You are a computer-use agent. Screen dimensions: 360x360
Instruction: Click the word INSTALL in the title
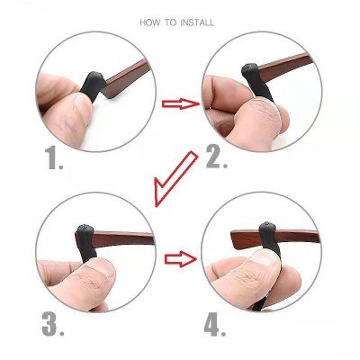tap(197, 22)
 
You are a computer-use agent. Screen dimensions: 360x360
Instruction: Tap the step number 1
tap(54, 159)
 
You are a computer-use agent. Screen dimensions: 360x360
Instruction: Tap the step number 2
tap(216, 158)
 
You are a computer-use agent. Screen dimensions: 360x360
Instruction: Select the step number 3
tap(53, 324)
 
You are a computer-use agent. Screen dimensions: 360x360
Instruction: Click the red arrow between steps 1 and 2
tap(181, 103)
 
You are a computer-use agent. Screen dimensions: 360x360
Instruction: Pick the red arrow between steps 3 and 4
tap(181, 259)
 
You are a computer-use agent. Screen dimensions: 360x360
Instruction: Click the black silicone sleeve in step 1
tap(93, 85)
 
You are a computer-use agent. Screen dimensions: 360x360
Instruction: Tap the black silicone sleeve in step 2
tap(257, 81)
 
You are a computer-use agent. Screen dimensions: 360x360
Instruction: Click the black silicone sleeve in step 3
tap(86, 243)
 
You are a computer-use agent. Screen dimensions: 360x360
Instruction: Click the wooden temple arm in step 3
tap(124, 238)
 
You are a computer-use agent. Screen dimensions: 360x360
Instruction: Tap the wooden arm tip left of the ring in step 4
tap(246, 239)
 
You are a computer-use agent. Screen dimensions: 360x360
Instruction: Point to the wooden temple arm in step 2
tap(286, 69)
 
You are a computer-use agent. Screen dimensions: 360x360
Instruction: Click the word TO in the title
tap(171, 22)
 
